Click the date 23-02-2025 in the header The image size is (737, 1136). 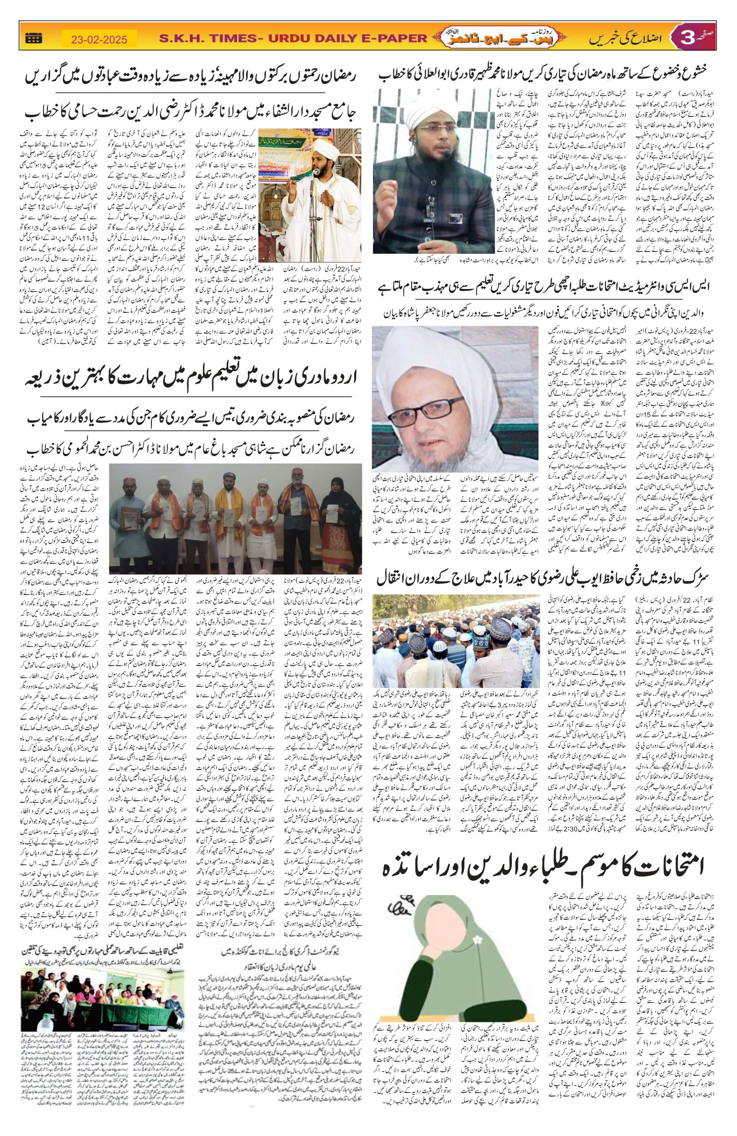[x=99, y=39]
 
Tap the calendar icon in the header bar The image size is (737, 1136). [x=34, y=39]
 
